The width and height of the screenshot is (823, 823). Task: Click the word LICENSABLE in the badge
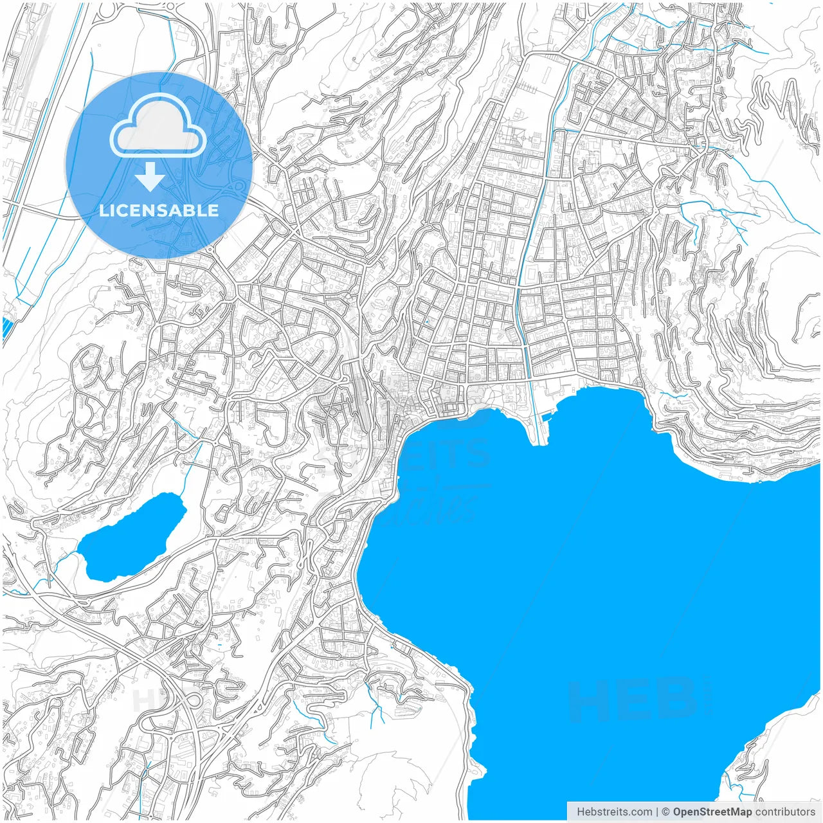[x=159, y=210]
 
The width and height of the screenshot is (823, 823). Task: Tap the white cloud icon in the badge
[x=158, y=125]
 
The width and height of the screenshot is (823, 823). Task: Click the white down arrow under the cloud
[x=150, y=177]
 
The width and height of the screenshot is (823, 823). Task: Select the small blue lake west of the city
[x=132, y=537]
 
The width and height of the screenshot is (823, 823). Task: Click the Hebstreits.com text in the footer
[x=614, y=811]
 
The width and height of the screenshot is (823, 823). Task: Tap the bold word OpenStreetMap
[x=712, y=811]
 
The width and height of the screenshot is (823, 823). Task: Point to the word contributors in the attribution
[x=784, y=811]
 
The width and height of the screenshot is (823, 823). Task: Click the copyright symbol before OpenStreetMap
[x=666, y=811]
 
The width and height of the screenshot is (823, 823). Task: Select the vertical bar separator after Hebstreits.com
[x=656, y=811]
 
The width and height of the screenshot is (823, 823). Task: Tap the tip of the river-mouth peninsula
[x=538, y=442]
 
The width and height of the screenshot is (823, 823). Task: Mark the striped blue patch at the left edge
[x=7, y=327]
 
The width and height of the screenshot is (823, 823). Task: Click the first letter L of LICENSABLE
[x=104, y=210]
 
